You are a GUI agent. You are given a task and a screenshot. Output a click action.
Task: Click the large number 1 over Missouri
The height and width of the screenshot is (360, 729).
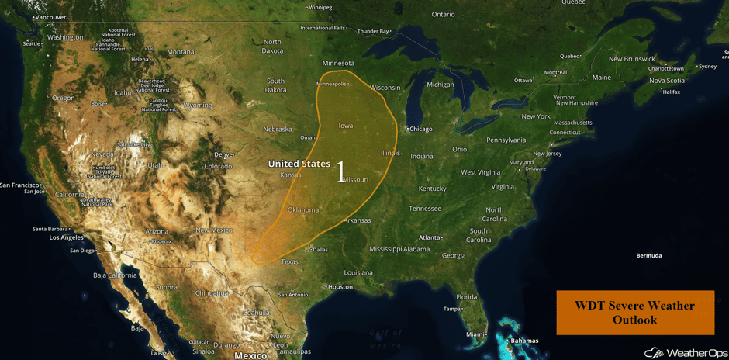click(x=340, y=172)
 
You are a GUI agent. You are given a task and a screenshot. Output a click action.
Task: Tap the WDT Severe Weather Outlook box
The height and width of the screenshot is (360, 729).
click(x=634, y=312)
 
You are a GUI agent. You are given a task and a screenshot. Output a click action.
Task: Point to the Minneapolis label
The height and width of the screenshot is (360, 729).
click(x=331, y=84)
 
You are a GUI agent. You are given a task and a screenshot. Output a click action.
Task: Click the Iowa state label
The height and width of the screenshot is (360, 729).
click(x=345, y=126)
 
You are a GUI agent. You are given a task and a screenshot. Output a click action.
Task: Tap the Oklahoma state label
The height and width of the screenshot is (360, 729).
click(x=302, y=209)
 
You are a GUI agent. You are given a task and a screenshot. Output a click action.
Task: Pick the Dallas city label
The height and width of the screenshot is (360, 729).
click(x=320, y=249)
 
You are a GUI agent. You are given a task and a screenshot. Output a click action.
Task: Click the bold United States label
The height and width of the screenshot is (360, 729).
click(x=299, y=164)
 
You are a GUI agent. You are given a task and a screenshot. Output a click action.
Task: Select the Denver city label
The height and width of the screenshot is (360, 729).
click(x=224, y=154)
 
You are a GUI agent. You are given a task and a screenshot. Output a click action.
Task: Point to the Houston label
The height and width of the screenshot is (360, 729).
click(x=340, y=286)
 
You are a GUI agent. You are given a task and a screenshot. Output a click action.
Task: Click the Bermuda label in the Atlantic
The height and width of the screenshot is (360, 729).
click(x=649, y=255)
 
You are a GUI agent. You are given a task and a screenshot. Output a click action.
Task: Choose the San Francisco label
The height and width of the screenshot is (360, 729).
click(x=19, y=185)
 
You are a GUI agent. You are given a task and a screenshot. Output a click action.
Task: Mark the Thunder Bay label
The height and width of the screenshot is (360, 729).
click(x=373, y=31)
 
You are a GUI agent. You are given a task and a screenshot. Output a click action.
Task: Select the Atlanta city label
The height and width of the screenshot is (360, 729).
click(x=429, y=237)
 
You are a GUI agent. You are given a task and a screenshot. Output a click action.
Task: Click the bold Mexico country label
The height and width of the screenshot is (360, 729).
click(x=250, y=355)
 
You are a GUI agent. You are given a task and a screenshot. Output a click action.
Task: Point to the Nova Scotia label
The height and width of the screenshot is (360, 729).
click(x=667, y=81)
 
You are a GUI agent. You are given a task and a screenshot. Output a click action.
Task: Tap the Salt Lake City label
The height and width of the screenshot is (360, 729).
click(x=134, y=144)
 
